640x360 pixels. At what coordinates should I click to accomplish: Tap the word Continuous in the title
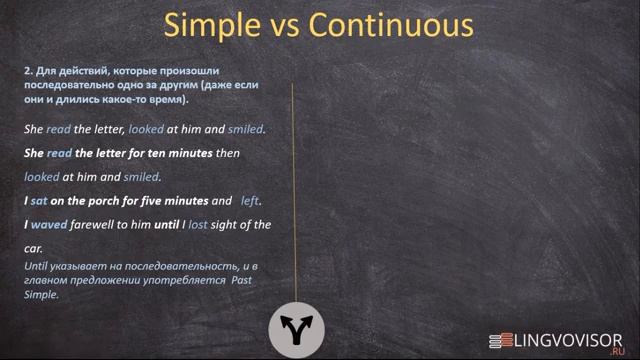coord(391,23)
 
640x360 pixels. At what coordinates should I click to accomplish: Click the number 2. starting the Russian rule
coord(28,71)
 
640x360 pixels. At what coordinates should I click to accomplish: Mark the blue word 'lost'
coord(197,225)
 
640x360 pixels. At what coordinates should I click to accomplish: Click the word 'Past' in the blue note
coord(245,282)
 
